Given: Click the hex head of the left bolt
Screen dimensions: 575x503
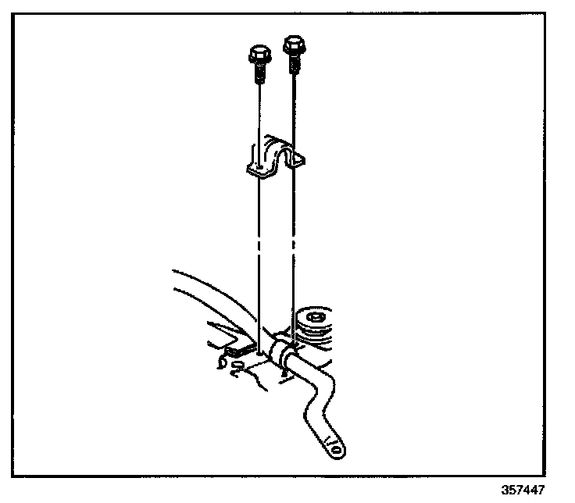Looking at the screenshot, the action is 258,55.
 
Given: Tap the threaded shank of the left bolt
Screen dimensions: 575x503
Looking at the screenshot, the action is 259,74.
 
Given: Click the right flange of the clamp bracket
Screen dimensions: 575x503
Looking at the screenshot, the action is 298,162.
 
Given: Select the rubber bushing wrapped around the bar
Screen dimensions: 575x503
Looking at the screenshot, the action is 282,348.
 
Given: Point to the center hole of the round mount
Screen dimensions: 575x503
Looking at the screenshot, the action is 316,318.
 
